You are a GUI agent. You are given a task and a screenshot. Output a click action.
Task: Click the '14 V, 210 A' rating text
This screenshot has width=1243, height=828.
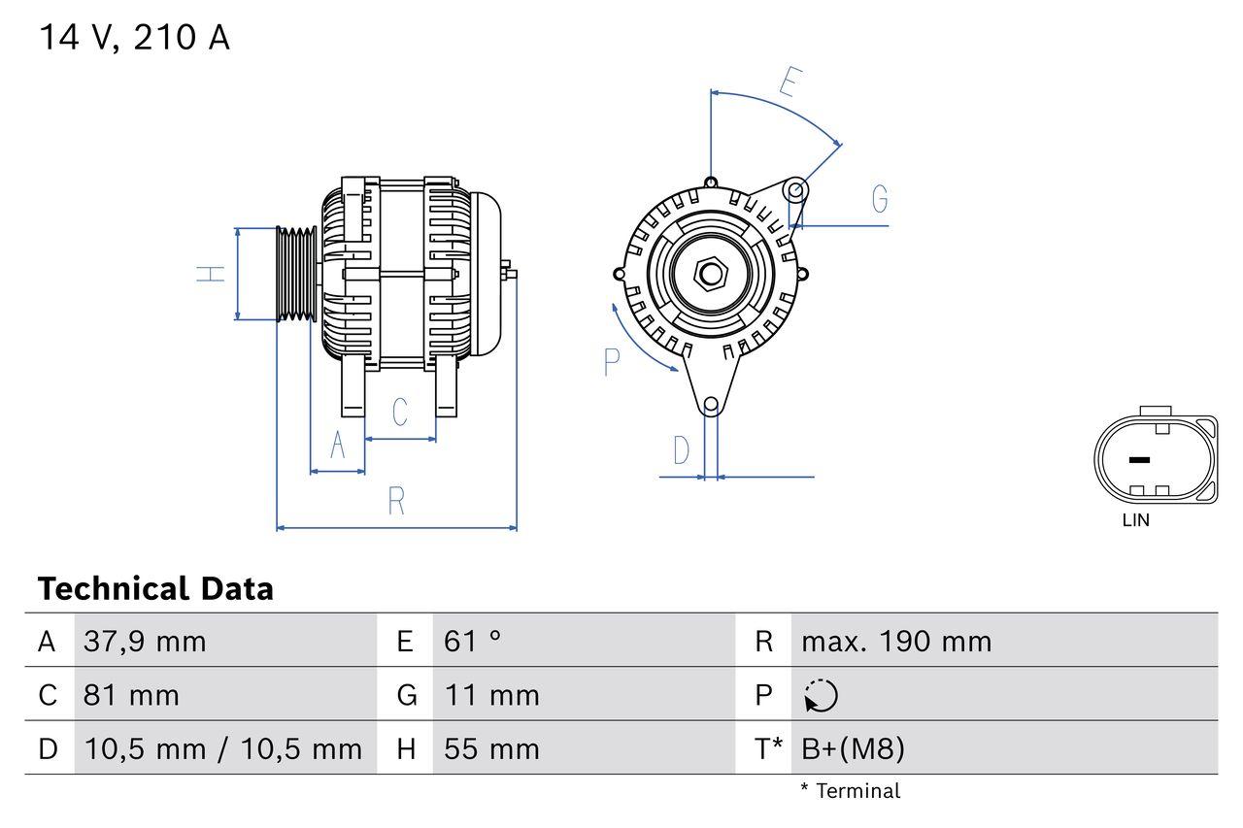pos(134,38)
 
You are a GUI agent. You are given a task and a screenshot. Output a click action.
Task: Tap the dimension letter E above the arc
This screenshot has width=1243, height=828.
pos(789,83)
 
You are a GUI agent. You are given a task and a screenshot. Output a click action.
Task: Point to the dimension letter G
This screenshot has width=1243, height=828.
pos(880,199)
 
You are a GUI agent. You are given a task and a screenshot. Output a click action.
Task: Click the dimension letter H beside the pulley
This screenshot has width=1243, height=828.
pos(212,274)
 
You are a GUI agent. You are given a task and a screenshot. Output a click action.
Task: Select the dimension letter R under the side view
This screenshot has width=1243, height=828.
pos(396,502)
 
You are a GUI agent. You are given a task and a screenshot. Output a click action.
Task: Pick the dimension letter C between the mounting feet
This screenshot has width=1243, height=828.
pos(399,413)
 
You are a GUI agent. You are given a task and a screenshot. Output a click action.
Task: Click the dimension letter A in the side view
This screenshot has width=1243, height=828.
pos(338,445)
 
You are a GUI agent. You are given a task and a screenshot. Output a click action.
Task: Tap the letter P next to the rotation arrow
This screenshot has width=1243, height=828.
pos(612,362)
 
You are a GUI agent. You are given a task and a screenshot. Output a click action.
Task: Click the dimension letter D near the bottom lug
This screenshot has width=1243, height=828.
pos(682,450)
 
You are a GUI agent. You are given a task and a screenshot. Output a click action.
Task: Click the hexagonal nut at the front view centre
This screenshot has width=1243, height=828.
pos(711,274)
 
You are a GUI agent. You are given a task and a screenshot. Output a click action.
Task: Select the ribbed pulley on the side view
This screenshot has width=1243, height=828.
pos(296,274)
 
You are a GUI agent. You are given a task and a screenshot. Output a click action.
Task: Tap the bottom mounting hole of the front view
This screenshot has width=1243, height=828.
pos(711,404)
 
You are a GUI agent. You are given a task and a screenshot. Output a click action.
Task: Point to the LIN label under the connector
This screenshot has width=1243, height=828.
pos(1135,520)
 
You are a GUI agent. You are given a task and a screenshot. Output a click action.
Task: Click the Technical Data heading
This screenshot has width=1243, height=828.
pos(155,589)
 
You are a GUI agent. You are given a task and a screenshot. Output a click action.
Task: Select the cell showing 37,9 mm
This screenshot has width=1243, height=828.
pos(146,642)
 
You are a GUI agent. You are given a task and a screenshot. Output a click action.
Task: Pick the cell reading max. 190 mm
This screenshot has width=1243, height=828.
pos(896,642)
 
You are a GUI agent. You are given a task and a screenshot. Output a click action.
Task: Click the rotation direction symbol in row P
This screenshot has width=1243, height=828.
pos(821,695)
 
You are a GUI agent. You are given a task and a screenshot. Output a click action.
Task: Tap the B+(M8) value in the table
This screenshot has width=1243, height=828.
pos(853,748)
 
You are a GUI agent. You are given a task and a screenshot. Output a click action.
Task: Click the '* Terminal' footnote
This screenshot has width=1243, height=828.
pos(850,791)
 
